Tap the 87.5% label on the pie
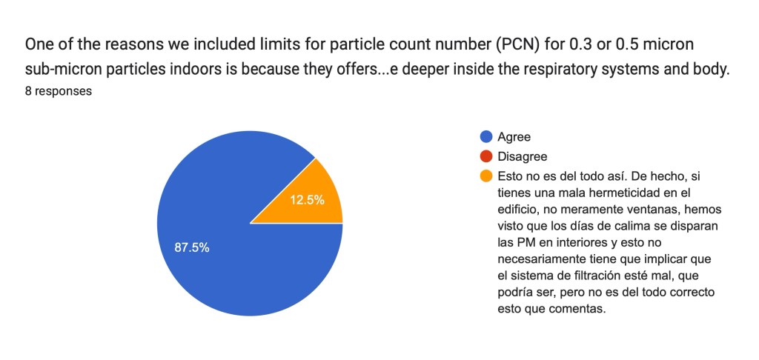[x=192, y=247]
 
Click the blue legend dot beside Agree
[x=486, y=137]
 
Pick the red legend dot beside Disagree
[x=486, y=156]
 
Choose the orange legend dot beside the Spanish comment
[x=486, y=176]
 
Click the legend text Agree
[x=514, y=137]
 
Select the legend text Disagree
[x=523, y=156]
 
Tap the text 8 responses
[x=59, y=92]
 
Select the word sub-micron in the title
[x=61, y=70]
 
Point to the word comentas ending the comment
[x=579, y=310]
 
